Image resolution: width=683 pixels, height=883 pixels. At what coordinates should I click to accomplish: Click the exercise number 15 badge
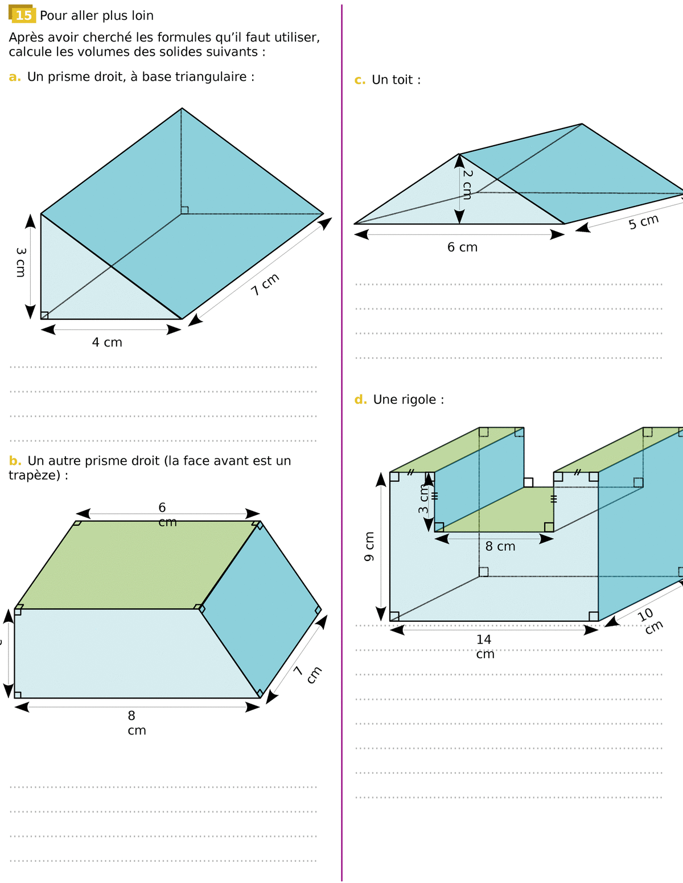(22, 15)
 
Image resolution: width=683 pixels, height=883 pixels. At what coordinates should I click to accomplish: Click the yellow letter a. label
(15, 77)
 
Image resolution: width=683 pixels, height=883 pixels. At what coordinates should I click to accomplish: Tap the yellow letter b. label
(15, 461)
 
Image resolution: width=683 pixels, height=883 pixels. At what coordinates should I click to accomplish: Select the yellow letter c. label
(360, 80)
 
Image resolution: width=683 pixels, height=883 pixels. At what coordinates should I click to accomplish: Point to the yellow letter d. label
(360, 399)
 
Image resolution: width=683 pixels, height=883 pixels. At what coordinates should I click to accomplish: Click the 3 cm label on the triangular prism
(20, 262)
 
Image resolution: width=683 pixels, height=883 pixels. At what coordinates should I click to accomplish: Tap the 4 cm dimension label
(107, 342)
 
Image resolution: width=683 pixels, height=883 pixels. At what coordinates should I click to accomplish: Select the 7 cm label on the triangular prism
(265, 284)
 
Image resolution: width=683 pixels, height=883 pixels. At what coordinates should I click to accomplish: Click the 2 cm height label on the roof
(468, 184)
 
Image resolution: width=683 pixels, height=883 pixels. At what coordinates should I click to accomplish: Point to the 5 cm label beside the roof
(644, 221)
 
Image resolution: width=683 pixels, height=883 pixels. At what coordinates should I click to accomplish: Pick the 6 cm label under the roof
(462, 247)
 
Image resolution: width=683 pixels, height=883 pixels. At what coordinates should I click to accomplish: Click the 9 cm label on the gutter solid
(369, 547)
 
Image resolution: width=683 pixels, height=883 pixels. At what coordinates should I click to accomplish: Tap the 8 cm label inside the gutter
(500, 546)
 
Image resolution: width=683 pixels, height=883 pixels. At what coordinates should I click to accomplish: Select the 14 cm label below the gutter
(484, 647)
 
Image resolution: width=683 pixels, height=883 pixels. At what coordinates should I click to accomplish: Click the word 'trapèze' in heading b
(35, 476)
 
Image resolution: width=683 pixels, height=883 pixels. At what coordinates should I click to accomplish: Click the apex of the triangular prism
(182, 108)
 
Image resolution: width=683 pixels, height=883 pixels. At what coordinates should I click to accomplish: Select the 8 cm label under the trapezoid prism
(137, 723)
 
